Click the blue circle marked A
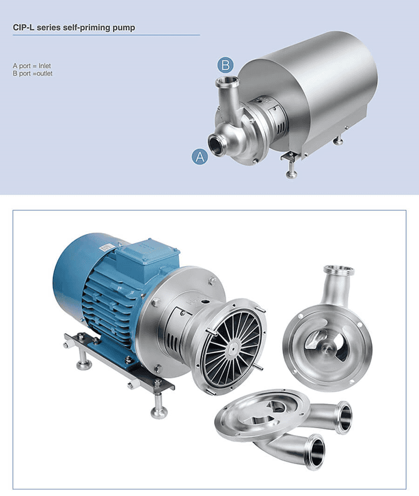point(200,156)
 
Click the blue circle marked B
point(225,65)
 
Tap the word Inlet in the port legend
point(45,66)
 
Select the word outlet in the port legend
point(45,74)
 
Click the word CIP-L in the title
point(24,27)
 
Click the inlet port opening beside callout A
point(216,145)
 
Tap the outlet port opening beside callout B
point(227,81)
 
